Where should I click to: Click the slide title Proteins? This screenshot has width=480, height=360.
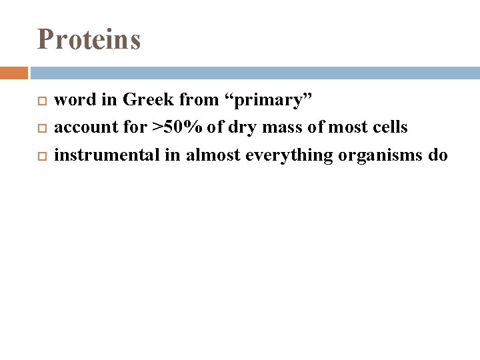point(89,39)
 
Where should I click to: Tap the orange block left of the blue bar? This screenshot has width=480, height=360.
point(13,73)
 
